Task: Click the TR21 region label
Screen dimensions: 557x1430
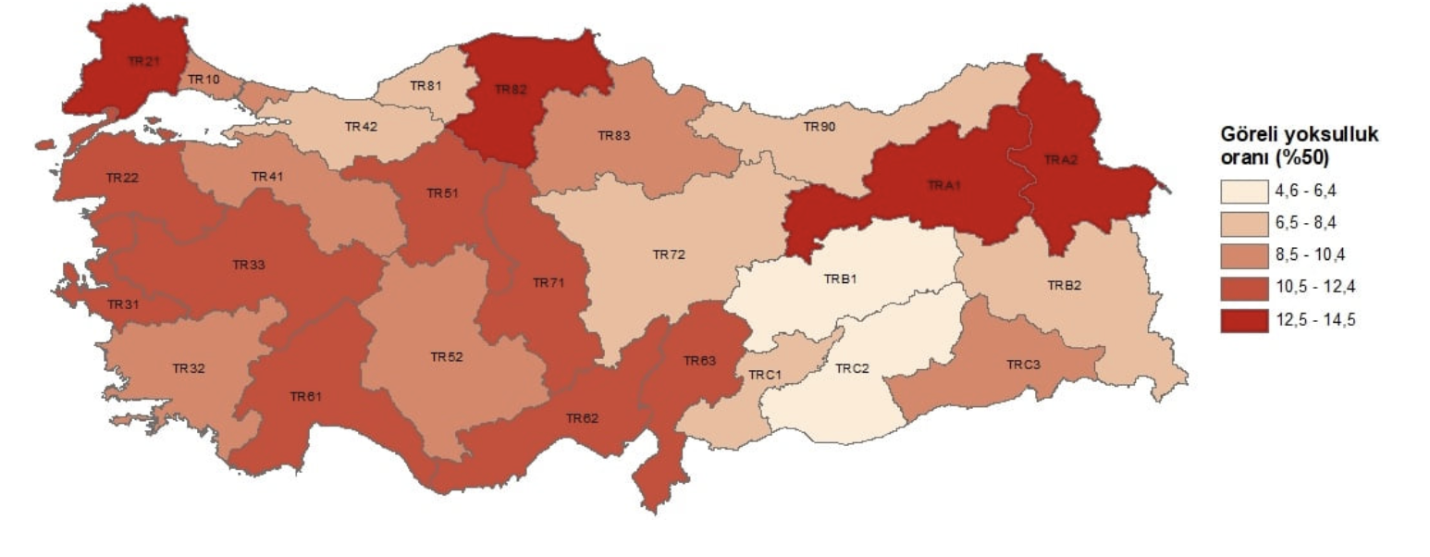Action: pyautogui.click(x=143, y=61)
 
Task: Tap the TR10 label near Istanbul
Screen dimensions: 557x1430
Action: pyautogui.click(x=203, y=80)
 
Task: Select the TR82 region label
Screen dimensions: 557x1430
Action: pyautogui.click(x=510, y=90)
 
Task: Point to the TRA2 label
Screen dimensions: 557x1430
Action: pyautogui.click(x=1061, y=159)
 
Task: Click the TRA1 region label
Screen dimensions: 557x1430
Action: pyautogui.click(x=944, y=185)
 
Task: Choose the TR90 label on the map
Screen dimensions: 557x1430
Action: pyautogui.click(x=819, y=127)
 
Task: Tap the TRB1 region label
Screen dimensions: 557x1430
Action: pyautogui.click(x=841, y=278)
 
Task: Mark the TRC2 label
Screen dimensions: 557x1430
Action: pyautogui.click(x=852, y=368)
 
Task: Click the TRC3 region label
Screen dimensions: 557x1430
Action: pyautogui.click(x=1024, y=365)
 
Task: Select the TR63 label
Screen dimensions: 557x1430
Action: pyautogui.click(x=699, y=361)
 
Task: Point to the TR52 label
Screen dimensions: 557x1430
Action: pyautogui.click(x=447, y=356)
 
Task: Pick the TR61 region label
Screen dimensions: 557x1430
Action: pyautogui.click(x=305, y=396)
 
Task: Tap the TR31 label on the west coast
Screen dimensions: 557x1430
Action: pyautogui.click(x=123, y=304)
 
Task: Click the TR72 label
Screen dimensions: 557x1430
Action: pyautogui.click(x=669, y=254)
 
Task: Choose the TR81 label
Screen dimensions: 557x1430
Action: pyautogui.click(x=425, y=87)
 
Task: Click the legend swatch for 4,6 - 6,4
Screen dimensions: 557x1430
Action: pyautogui.click(x=1243, y=192)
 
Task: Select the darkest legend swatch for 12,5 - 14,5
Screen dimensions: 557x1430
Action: pyautogui.click(x=1243, y=320)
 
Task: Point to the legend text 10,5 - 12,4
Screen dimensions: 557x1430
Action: pyautogui.click(x=1310, y=288)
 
